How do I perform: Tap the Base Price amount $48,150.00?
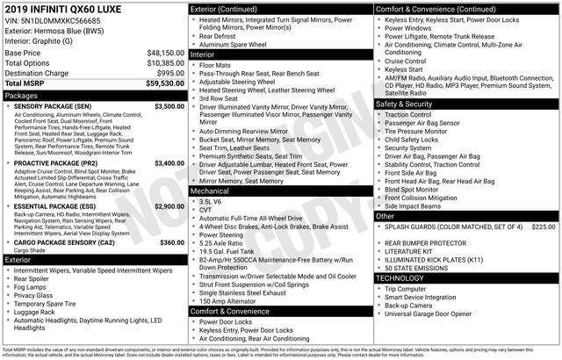(x=165, y=53)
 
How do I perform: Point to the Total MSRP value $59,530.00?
(x=165, y=83)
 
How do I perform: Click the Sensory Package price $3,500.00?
(x=169, y=106)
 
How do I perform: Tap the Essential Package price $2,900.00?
(x=169, y=205)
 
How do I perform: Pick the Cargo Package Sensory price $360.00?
(x=172, y=242)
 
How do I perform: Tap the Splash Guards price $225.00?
(x=544, y=227)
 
